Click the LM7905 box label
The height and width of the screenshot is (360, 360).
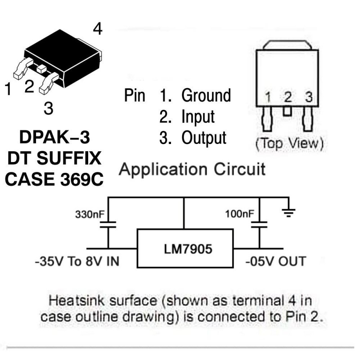[x=185, y=248]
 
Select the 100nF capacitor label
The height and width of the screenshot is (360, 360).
[x=239, y=213]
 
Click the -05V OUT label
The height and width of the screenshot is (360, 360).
[x=275, y=261]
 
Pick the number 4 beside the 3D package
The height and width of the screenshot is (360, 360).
[x=98, y=29]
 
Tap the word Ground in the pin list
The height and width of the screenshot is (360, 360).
[x=206, y=95]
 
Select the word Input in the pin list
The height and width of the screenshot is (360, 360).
[x=198, y=117]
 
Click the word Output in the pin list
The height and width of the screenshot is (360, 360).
[x=204, y=138]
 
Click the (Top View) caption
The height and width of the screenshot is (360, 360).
[x=289, y=144]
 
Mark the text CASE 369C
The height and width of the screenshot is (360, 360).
[x=54, y=179]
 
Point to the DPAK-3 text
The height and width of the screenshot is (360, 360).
[x=54, y=137]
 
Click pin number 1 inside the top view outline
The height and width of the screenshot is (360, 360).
[x=268, y=97]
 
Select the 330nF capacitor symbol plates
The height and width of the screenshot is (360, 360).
[x=108, y=225]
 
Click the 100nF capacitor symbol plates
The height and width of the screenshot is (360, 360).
[x=259, y=225]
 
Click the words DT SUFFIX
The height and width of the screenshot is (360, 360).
[x=54, y=158]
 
